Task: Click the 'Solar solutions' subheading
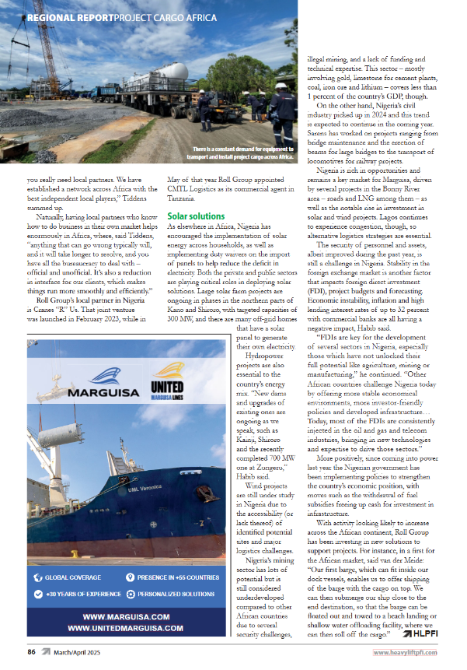point(197,216)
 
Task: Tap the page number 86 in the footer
point(32,652)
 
